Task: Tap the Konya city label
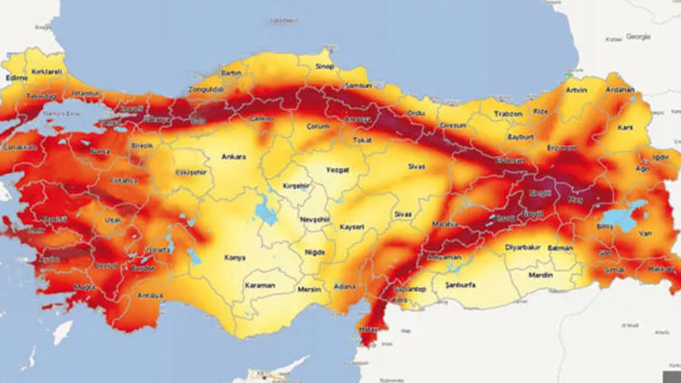[235, 257]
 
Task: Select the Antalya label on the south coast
[149, 295]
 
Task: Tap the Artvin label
[576, 90]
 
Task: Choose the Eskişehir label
[190, 172]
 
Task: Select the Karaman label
[261, 286]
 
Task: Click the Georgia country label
[638, 36]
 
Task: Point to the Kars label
[625, 128]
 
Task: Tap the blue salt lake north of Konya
[264, 210]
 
